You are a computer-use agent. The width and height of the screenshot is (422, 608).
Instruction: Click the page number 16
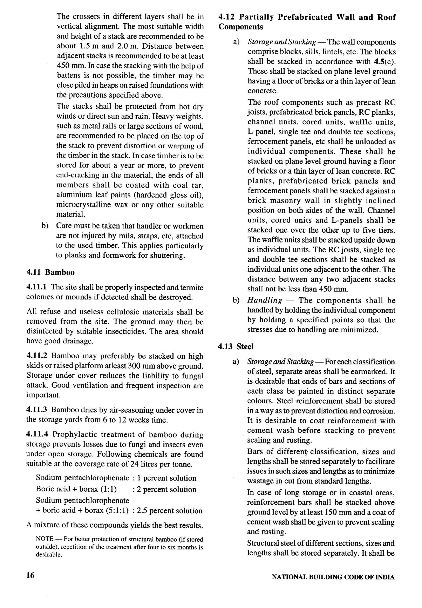click(x=30, y=575)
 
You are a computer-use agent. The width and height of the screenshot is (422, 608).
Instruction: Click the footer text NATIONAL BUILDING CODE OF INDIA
click(x=333, y=577)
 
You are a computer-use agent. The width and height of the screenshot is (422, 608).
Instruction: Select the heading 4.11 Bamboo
click(x=50, y=272)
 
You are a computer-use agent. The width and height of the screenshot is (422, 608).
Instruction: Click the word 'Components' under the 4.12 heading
click(x=241, y=27)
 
